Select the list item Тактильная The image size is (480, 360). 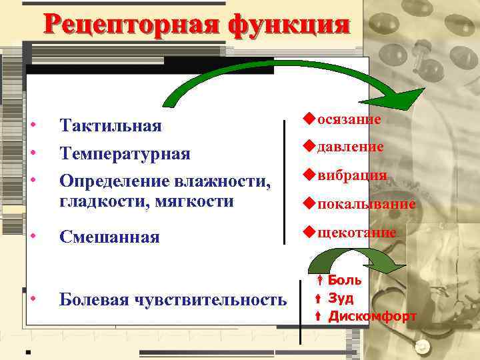(110, 126)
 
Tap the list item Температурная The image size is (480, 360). (125, 154)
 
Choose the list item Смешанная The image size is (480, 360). (109, 237)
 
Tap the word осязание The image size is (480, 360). (349, 119)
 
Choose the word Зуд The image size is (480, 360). (341, 298)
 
